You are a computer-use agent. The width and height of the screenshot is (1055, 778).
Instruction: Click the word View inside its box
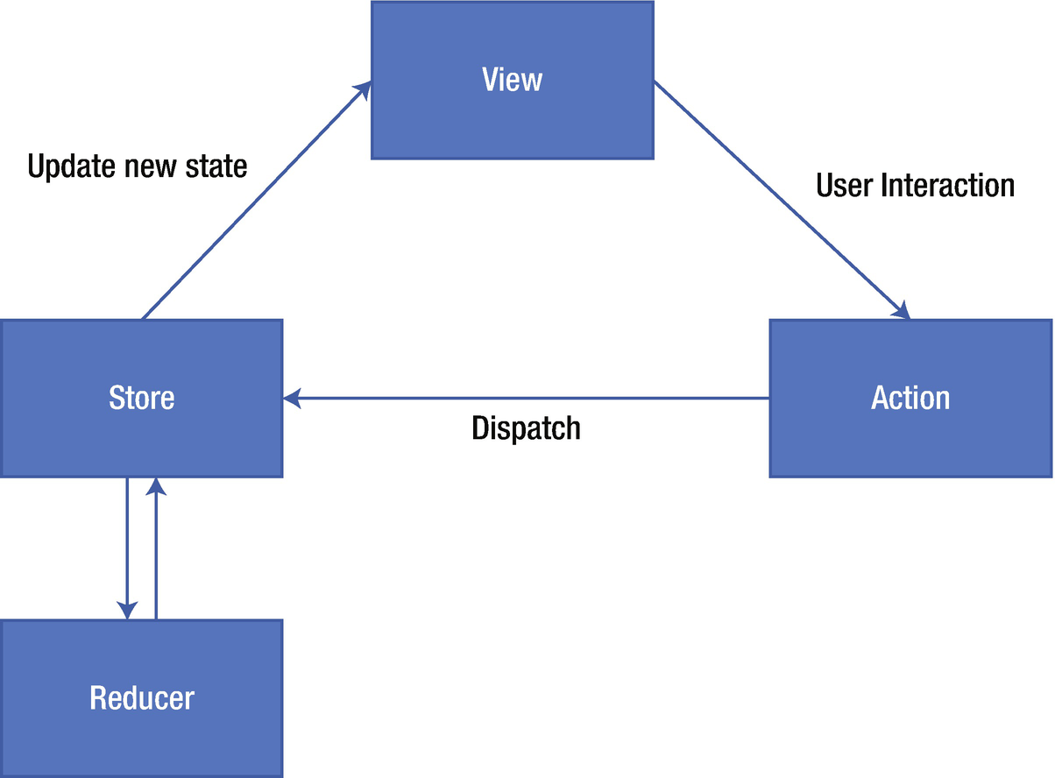click(512, 80)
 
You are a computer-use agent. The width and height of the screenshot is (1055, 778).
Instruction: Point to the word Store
click(141, 398)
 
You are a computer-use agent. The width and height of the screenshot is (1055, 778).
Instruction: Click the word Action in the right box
click(910, 398)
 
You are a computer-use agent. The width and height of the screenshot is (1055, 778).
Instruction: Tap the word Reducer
click(141, 698)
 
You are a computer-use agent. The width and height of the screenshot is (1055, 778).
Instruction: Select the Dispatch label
click(526, 428)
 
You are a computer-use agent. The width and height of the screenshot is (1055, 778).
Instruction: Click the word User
click(845, 185)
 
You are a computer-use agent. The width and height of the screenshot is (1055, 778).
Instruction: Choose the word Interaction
click(948, 185)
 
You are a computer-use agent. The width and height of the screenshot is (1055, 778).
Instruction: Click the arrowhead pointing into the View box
click(363, 89)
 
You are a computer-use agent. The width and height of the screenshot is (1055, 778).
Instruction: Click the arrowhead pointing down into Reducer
click(128, 610)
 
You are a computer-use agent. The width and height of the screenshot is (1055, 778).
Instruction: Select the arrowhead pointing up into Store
click(155, 487)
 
